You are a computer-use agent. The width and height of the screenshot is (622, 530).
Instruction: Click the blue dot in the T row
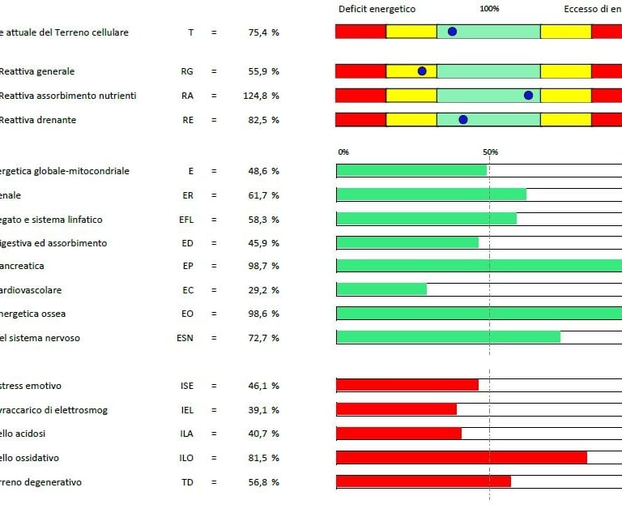[452, 32]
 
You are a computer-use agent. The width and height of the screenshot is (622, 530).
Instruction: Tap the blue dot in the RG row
[422, 71]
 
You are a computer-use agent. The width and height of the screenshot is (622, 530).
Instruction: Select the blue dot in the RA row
[528, 95]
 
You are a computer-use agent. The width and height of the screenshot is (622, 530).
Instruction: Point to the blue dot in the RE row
[463, 119]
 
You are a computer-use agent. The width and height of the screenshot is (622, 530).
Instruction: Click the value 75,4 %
[264, 32]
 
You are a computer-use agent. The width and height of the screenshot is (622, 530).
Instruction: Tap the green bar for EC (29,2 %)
[381, 289]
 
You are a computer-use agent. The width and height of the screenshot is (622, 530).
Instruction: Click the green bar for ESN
[448, 337]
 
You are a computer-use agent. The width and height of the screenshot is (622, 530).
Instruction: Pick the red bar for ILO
[461, 458]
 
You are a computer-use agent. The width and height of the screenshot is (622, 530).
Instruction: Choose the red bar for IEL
[396, 409]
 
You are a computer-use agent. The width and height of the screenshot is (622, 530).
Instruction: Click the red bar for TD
[424, 482]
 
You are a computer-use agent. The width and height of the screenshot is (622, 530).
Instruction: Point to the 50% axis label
[490, 152]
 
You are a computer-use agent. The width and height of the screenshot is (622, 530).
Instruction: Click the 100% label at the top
[489, 9]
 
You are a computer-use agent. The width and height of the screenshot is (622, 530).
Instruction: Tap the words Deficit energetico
[376, 9]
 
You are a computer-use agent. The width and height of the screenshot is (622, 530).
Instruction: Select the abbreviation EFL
[186, 220]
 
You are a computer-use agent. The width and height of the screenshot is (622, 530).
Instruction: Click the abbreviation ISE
[187, 386]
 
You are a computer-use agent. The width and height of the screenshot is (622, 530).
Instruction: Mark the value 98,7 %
[264, 266]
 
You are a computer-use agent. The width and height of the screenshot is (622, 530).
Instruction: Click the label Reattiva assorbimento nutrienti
[67, 96]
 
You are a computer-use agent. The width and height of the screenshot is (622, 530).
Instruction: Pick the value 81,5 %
[264, 458]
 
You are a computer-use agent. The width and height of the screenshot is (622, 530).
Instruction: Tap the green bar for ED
[407, 242]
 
